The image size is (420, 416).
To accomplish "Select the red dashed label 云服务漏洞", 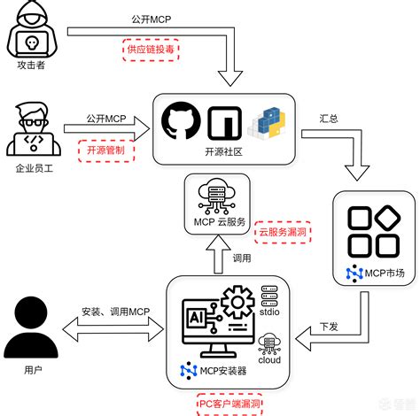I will click(283, 232).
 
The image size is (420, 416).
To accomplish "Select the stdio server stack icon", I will click(269, 294).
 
